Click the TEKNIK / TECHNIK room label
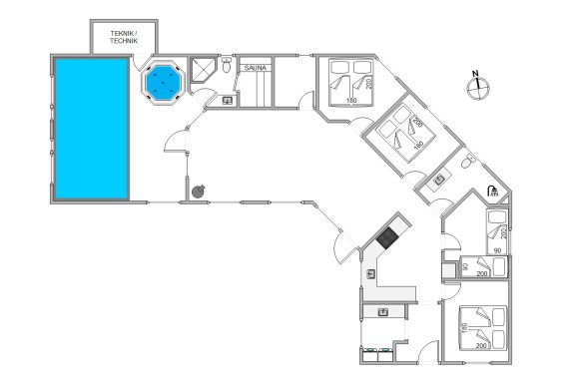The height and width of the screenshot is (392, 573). pyautogui.click(x=124, y=37)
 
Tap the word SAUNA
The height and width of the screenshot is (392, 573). pyautogui.click(x=256, y=68)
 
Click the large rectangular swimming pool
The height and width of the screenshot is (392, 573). pyautogui.click(x=92, y=129)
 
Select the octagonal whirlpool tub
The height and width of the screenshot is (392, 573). pyautogui.click(x=163, y=83)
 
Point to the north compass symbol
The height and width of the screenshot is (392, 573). pyautogui.click(x=478, y=86)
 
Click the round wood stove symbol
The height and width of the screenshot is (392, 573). pyautogui.click(x=199, y=192)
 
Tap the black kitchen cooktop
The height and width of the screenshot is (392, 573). pyautogui.click(x=387, y=238)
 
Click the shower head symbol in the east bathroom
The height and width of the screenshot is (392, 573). pyautogui.click(x=493, y=191)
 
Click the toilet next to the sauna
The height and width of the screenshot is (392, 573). pyautogui.click(x=227, y=65)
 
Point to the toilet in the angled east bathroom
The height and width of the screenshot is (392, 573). pyautogui.click(x=467, y=162)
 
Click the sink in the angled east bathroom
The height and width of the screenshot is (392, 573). pyautogui.click(x=439, y=180)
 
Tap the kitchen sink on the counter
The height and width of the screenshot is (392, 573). pyautogui.click(x=371, y=273)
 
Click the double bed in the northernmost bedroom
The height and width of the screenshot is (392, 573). pyautogui.click(x=350, y=83)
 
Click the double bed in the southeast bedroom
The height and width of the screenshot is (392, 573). pyautogui.click(x=483, y=328)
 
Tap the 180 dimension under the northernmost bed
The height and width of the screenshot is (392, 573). pyautogui.click(x=351, y=100)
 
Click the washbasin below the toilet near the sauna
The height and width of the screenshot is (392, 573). pyautogui.click(x=228, y=100)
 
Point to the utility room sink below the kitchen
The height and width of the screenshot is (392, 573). pyautogui.click(x=383, y=312)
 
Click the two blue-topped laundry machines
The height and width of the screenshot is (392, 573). pyautogui.click(x=376, y=354)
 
